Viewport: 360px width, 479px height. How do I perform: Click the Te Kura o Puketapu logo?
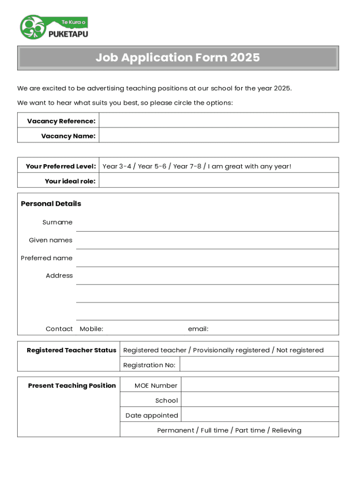click(x=54, y=28)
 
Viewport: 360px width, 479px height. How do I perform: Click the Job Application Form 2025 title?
click(x=178, y=58)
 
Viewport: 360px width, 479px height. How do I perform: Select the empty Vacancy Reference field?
click(x=219, y=121)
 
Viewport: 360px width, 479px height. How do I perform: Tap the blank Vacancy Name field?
click(x=219, y=136)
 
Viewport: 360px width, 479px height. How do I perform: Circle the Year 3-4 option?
click(x=116, y=166)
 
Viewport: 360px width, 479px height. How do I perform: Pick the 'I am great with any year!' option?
click(x=250, y=166)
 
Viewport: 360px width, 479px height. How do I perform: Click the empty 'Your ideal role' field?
click(x=219, y=181)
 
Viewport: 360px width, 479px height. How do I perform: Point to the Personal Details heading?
click(x=51, y=203)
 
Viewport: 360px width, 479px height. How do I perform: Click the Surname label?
click(x=58, y=222)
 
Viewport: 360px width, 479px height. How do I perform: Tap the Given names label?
click(x=50, y=240)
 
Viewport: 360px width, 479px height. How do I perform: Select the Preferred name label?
click(x=47, y=258)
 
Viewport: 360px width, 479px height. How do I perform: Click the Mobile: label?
click(x=92, y=329)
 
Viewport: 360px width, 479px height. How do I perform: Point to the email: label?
click(x=198, y=329)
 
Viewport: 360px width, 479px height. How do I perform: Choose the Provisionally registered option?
click(x=231, y=350)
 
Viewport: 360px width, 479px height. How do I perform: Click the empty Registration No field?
click(x=259, y=364)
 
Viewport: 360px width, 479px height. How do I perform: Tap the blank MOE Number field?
click(x=259, y=385)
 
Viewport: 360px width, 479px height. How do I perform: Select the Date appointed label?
click(x=152, y=415)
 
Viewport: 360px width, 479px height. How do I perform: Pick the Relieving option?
click(x=287, y=430)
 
